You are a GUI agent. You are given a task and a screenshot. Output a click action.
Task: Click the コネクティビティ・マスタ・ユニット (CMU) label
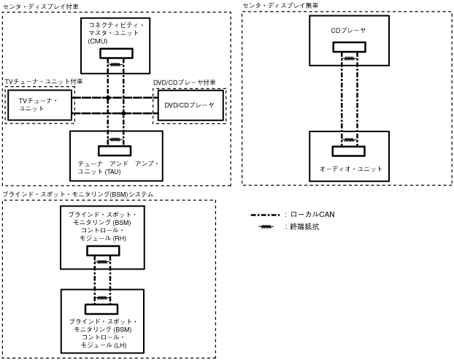tap(115, 33)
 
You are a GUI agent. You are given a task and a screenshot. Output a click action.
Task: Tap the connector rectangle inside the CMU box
tap(116, 53)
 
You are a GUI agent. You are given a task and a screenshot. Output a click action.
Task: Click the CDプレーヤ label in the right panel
tap(348, 30)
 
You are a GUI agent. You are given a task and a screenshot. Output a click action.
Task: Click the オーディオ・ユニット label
tap(350, 169)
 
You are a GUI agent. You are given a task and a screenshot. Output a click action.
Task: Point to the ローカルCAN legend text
tap(313, 215)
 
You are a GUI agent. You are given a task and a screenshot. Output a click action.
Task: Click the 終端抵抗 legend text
tap(304, 227)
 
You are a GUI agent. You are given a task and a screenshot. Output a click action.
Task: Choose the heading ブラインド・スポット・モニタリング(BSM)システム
tap(78, 194)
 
